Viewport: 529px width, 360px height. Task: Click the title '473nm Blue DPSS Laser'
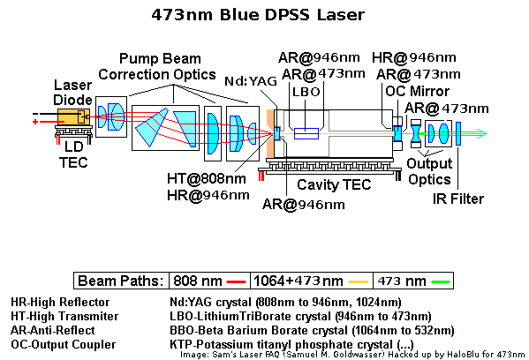258,15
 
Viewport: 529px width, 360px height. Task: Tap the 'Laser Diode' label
73,93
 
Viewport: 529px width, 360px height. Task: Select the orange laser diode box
73,117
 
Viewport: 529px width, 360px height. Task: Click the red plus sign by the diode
35,122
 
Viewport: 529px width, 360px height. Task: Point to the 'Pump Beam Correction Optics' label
157,67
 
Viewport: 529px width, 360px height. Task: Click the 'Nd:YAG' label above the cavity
251,81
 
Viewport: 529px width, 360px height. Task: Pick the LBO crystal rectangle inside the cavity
306,133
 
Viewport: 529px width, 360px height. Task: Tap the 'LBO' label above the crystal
306,92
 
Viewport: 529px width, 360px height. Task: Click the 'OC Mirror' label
418,91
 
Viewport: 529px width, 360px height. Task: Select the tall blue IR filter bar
458,134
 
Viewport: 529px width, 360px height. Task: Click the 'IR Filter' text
458,199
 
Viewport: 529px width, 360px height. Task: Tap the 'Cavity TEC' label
334,184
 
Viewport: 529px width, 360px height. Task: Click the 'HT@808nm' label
207,178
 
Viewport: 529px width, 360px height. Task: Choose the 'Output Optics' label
429,171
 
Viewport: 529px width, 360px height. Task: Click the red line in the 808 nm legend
236,281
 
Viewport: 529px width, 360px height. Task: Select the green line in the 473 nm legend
441,281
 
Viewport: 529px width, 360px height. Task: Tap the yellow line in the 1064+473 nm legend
359,281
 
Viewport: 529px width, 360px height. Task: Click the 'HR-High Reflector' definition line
60,302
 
